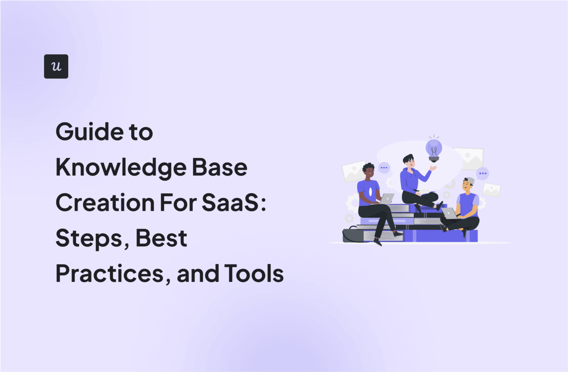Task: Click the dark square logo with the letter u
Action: pos(56,66)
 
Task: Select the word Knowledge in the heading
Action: pos(121,167)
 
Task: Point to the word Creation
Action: pos(105,203)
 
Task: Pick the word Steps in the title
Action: pos(89,238)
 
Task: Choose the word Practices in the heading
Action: pos(109,274)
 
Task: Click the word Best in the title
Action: pos(161,238)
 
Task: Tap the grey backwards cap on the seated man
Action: pos(469,181)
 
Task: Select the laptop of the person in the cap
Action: pos(449,213)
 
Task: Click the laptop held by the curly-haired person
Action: pos(386,199)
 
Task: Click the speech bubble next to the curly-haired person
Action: pos(384,168)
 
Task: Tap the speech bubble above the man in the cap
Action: pos(483,173)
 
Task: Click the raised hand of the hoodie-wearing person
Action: pos(433,168)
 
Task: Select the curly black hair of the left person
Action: pos(368,167)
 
